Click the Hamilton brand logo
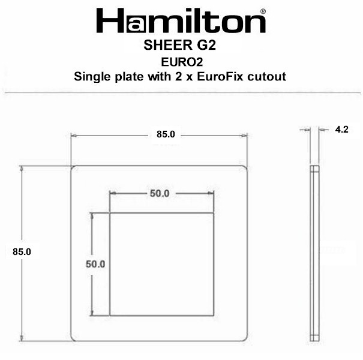coord(181,20)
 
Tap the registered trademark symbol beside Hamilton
coord(263,11)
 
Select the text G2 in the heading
coord(206,45)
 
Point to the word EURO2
coord(182,62)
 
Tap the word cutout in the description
coord(266,77)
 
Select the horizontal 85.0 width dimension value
coord(166,134)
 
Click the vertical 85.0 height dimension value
coord(22,251)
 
